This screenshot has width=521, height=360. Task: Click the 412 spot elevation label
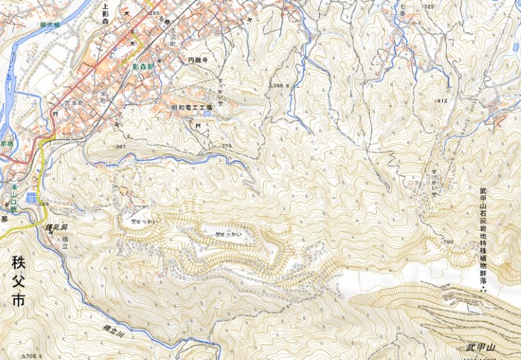442,101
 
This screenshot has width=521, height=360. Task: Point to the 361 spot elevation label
120,147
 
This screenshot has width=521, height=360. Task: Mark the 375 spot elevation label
226,146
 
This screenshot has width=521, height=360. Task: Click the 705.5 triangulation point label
33,356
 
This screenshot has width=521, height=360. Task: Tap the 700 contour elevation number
447,242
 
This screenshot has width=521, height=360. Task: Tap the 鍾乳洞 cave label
58,227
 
